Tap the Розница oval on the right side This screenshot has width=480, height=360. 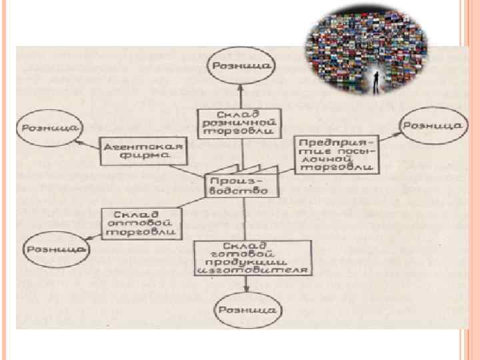pyautogui.click(x=431, y=125)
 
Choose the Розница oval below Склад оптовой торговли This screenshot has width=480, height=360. pyautogui.click(x=56, y=248)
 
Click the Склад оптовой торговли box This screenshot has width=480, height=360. pyautogui.click(x=140, y=224)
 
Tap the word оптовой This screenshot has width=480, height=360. pyautogui.click(x=140, y=224)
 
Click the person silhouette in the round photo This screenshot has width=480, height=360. pyautogui.click(x=377, y=80)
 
